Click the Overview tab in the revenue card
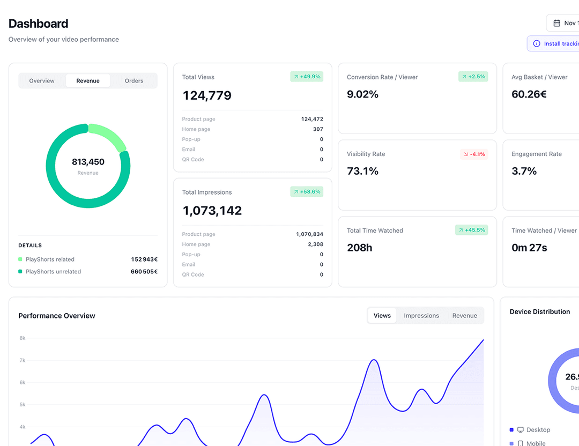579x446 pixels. coord(42,81)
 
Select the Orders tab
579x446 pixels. coord(134,81)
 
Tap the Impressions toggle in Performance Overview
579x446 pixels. coord(421,316)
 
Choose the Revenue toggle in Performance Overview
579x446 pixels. coord(464,316)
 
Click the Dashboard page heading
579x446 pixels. coord(38,24)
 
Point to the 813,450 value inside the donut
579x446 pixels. coord(88,162)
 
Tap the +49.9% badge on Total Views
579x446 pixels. coord(307,77)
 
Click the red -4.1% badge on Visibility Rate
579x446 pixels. coord(474,154)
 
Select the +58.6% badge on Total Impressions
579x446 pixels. coord(307,192)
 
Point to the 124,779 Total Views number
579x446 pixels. coord(207,96)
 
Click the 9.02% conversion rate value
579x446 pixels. coord(362,94)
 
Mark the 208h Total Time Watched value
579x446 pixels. coord(359,248)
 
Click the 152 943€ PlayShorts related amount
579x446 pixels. coord(144,259)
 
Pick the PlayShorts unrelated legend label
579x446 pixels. coord(53,272)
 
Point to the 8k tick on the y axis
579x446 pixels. coord(23,338)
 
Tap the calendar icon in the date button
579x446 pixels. coord(556,23)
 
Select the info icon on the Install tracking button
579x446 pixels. coord(537,44)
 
